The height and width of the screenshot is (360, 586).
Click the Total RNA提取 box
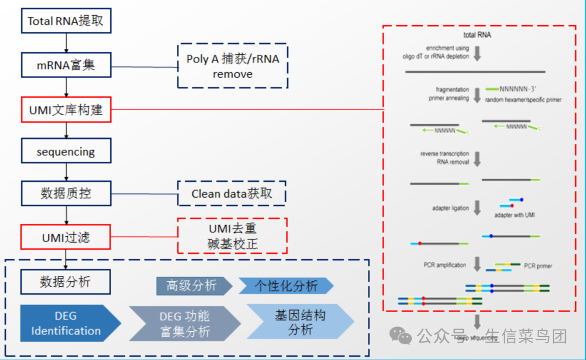pos(66,22)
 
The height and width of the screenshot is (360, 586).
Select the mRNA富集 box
pos(66,65)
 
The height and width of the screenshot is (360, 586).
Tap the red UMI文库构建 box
pos(66,110)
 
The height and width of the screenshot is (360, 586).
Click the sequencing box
pos(66,151)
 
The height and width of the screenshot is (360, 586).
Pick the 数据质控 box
pos(66,193)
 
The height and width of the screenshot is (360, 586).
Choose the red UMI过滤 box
pos(66,237)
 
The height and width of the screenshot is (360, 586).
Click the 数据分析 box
pos(66,282)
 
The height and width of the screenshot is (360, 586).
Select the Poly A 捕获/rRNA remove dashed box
pos(232,66)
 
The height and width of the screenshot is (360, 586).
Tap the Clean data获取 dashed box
pos(232,194)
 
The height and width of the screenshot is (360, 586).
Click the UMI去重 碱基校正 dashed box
pos(232,236)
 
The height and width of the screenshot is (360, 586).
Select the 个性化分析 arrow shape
pos(285,286)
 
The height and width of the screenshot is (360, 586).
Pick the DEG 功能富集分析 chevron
pos(184,324)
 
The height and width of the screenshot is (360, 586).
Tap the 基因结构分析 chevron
pos(300,322)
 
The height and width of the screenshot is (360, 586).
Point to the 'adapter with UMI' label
pos(515,216)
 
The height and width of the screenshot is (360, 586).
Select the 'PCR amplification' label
pos(444,265)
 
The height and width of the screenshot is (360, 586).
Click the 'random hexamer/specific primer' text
pos(523,100)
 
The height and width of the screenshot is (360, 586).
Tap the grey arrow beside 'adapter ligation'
pos(477,207)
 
